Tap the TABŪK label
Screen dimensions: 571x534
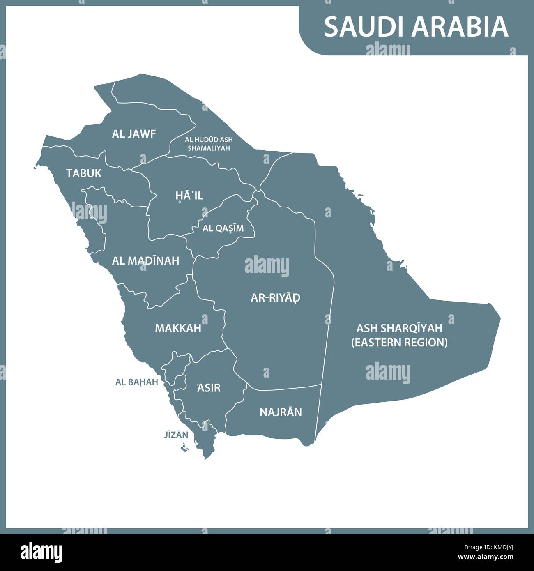[x=84, y=173]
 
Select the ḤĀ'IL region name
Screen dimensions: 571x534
[x=189, y=196]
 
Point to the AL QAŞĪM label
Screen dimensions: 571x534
[x=223, y=228]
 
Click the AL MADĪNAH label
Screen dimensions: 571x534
[x=145, y=261]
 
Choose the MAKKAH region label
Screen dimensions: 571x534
[x=178, y=328]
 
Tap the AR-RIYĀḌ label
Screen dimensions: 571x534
[x=276, y=298]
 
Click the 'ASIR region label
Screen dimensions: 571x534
[x=209, y=387]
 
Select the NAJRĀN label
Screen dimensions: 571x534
[x=281, y=412]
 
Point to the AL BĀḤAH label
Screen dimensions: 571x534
[x=137, y=382]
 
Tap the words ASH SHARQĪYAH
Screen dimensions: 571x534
[x=399, y=328]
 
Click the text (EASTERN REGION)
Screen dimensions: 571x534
[x=399, y=342]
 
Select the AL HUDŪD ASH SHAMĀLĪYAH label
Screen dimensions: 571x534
[x=209, y=144]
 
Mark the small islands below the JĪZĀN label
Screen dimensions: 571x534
[x=184, y=449]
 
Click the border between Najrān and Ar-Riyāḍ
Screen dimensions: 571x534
[x=283, y=388]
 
